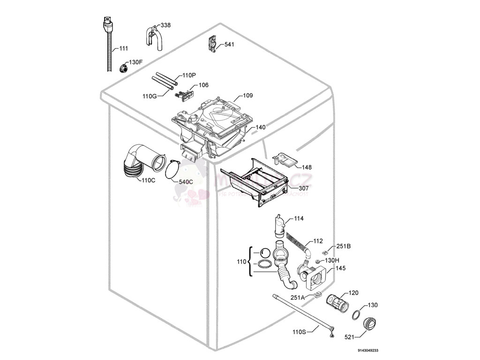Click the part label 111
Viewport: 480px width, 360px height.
(123, 49)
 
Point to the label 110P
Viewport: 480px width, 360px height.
(189, 75)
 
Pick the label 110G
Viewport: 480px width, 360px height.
(150, 96)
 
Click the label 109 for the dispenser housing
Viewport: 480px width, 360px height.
(247, 96)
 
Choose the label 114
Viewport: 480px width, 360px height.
(299, 218)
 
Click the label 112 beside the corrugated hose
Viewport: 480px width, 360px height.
(318, 241)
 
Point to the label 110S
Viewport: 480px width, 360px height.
(299, 332)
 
